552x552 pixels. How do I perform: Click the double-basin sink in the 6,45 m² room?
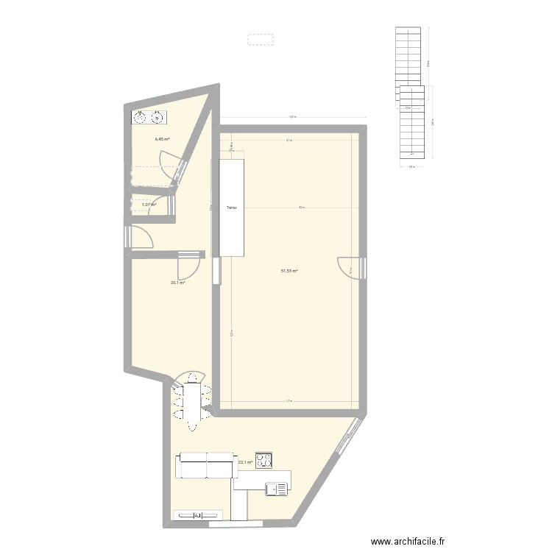pos(149,116)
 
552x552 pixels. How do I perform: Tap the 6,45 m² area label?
pos(162,139)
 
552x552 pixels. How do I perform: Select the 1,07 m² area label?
pos(149,205)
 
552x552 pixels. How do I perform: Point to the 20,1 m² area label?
pos(177,282)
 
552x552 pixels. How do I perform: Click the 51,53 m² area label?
pos(289,271)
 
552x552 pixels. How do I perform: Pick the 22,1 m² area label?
pos(245,463)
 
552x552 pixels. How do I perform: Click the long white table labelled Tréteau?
pos(232,208)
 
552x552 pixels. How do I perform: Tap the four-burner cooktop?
pos(263,460)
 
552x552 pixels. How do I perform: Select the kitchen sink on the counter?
pos(278,487)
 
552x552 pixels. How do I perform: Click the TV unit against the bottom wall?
pos(197,515)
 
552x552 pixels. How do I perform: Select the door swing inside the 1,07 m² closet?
pos(159,208)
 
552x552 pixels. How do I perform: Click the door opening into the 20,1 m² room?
pos(189,263)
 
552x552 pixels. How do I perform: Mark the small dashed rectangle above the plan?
pos(260,39)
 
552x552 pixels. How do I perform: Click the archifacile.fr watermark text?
pos(408,541)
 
